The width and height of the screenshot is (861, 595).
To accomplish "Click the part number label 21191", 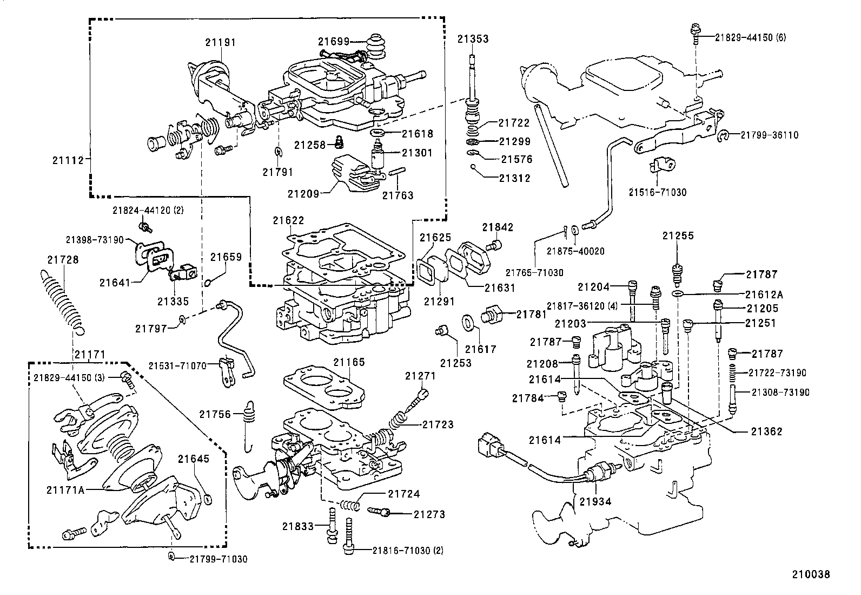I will [220, 42].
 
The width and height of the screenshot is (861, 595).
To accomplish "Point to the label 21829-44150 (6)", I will [750, 37].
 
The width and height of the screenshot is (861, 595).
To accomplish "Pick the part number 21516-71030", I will [657, 192].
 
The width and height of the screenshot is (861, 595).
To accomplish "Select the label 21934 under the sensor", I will [595, 501].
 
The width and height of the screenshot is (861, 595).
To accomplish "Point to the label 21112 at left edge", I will [68, 160].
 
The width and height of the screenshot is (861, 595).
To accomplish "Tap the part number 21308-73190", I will [780, 392].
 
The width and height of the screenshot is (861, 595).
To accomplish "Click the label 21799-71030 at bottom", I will [218, 559].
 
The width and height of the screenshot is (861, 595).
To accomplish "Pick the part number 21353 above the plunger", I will [473, 39].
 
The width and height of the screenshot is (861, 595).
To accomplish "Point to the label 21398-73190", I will [95, 239].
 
